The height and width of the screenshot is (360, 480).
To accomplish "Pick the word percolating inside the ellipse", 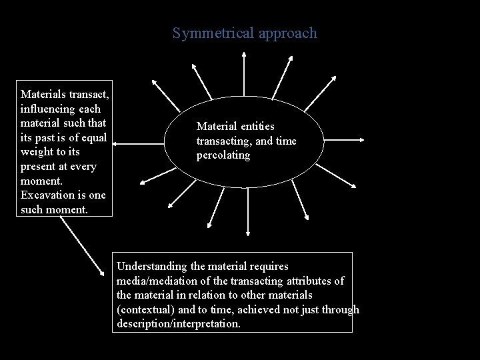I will pyautogui.click(x=223, y=155).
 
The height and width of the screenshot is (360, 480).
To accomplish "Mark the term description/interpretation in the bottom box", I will pyautogui.click(x=179, y=323).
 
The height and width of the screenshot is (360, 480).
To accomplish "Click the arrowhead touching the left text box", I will pyautogui.click(x=112, y=141).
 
